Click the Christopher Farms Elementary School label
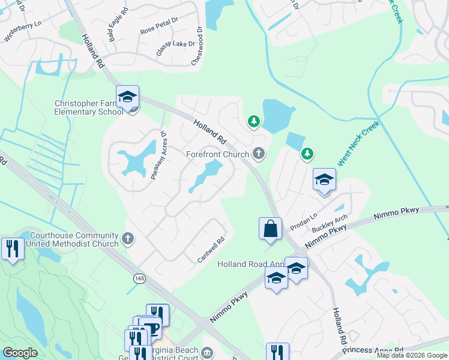(x=89, y=107)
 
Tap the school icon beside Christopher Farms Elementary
(x=128, y=97)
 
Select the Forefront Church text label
(x=217, y=154)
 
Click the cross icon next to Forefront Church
(x=259, y=154)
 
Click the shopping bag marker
(x=270, y=229)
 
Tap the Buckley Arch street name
(x=330, y=224)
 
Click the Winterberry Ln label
(x=23, y=32)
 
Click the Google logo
(x=20, y=353)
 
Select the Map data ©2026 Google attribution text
(x=411, y=355)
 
